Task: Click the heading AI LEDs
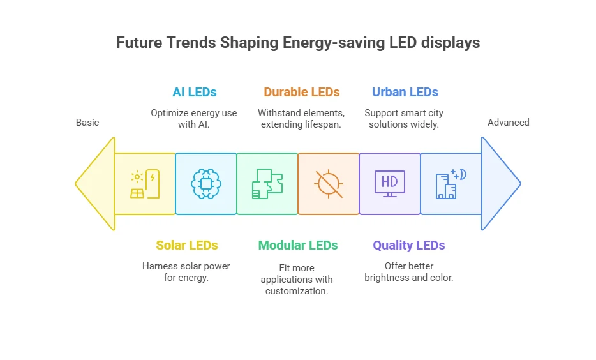[x=195, y=92]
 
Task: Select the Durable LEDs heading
[x=302, y=92]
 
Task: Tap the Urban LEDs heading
[x=405, y=92]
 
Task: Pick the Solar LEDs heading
[x=186, y=245]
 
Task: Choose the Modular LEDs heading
[x=297, y=245]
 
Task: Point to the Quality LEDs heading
[x=409, y=245]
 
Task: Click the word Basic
[x=87, y=123]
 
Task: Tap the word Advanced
[x=508, y=123]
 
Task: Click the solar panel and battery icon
[x=145, y=184]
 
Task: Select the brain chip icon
[x=205, y=184]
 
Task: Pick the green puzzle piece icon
[x=267, y=184]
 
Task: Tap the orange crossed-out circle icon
[x=329, y=184]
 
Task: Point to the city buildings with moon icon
[x=451, y=184]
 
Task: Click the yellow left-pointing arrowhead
[x=94, y=184]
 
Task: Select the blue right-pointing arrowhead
[x=500, y=184]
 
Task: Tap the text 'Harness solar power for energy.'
[x=186, y=272]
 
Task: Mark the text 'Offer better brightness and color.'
[x=409, y=272]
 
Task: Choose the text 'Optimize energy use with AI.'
[x=194, y=119]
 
